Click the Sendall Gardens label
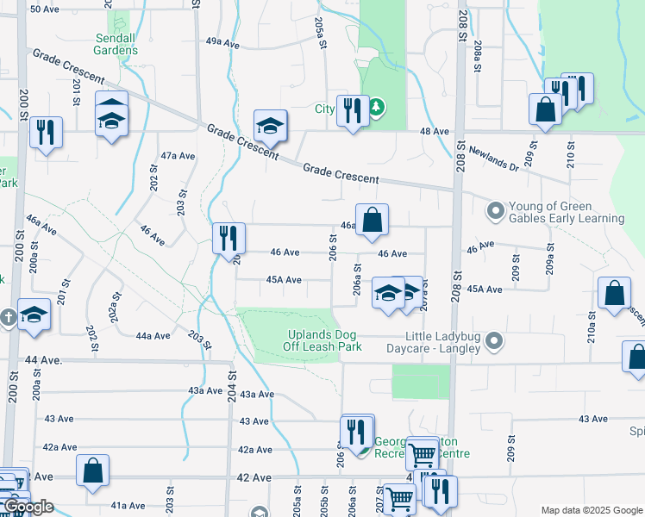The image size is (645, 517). (x=116, y=44)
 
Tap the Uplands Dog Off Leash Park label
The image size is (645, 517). (x=322, y=340)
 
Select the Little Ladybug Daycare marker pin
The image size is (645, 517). (x=494, y=342)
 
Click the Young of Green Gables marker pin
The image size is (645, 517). (x=495, y=211)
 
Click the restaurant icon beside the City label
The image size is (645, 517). (x=353, y=111)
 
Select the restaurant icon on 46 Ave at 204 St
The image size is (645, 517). (x=229, y=237)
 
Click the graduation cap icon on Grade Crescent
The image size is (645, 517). (x=269, y=127)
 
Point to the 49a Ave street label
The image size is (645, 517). (x=222, y=41)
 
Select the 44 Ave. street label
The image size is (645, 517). (x=44, y=359)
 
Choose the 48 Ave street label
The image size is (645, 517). (x=435, y=131)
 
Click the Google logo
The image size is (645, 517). (x=28, y=507)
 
